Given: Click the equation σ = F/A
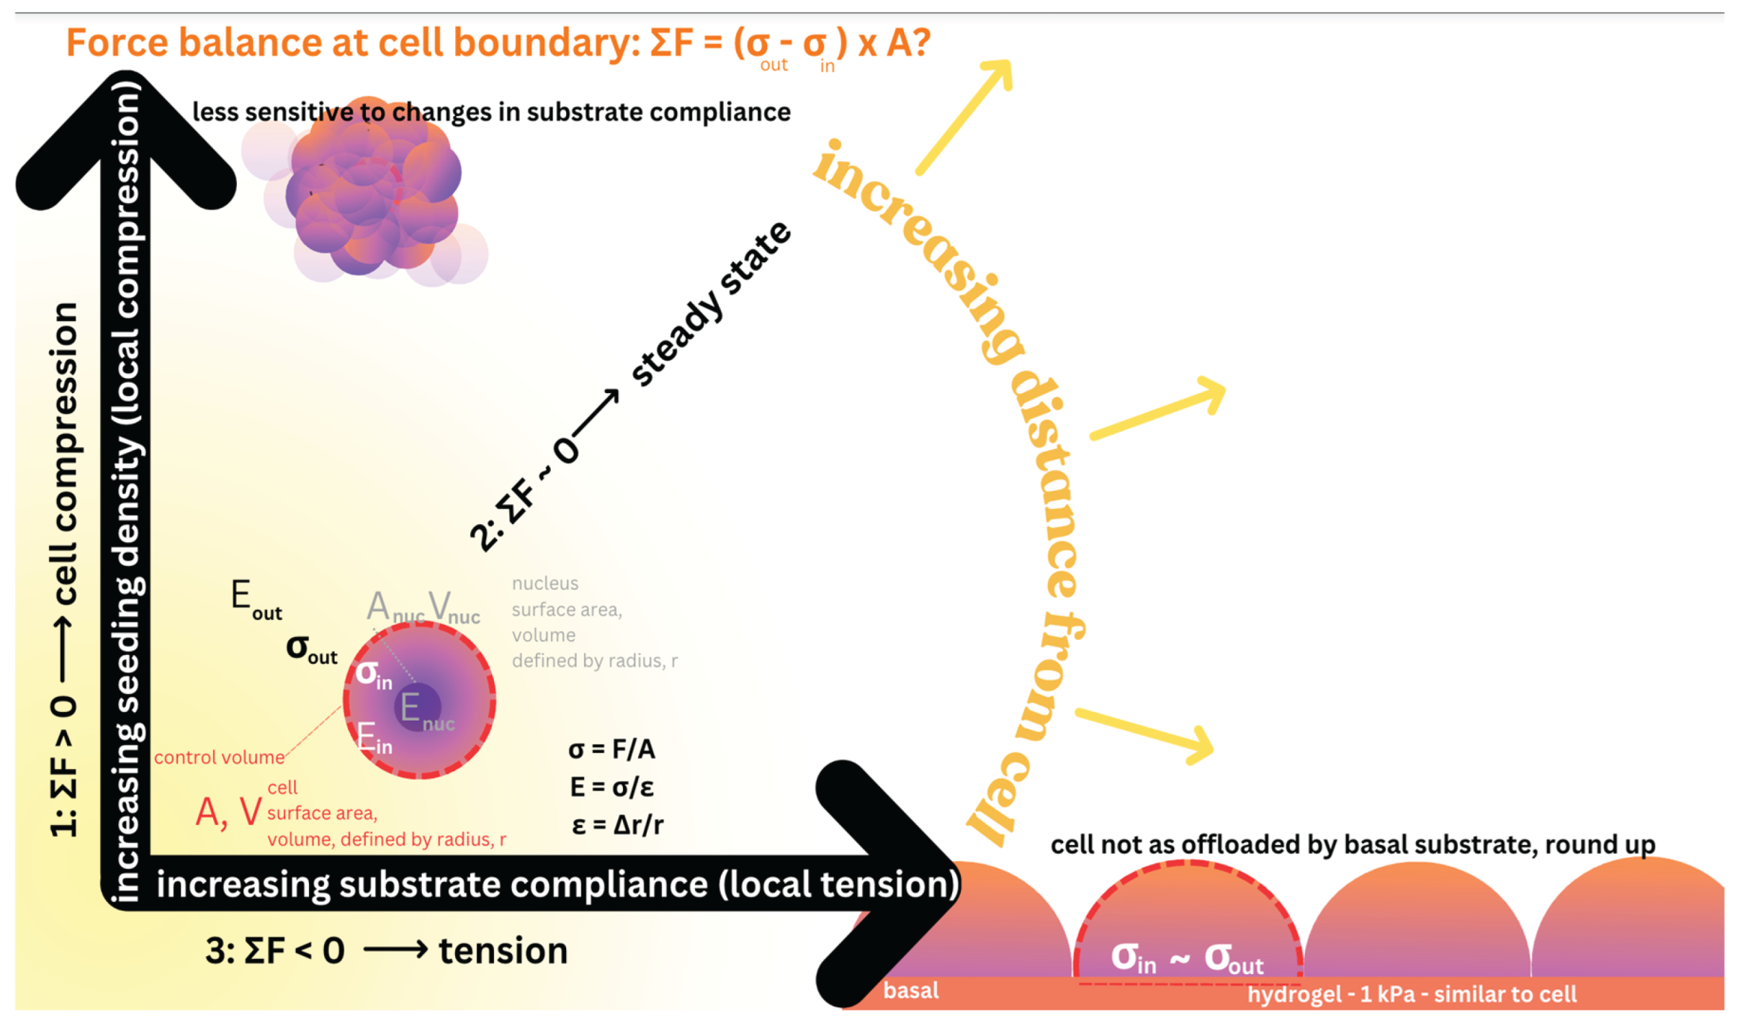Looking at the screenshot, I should (x=611, y=749).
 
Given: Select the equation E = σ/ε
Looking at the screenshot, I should (x=611, y=787).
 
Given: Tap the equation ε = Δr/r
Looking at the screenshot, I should (x=617, y=824).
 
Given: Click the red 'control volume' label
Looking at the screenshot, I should (x=219, y=757).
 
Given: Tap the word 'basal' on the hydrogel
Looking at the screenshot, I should (x=910, y=991).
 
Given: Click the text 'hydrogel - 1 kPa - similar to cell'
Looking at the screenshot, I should (x=1411, y=994).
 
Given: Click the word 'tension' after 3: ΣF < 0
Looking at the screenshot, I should (x=503, y=951).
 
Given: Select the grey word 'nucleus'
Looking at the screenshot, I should (x=544, y=583).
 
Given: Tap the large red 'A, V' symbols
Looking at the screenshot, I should (x=228, y=813).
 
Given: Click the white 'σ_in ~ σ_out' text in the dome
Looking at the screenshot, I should (x=1186, y=958).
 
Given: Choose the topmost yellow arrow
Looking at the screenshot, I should (x=965, y=115).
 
